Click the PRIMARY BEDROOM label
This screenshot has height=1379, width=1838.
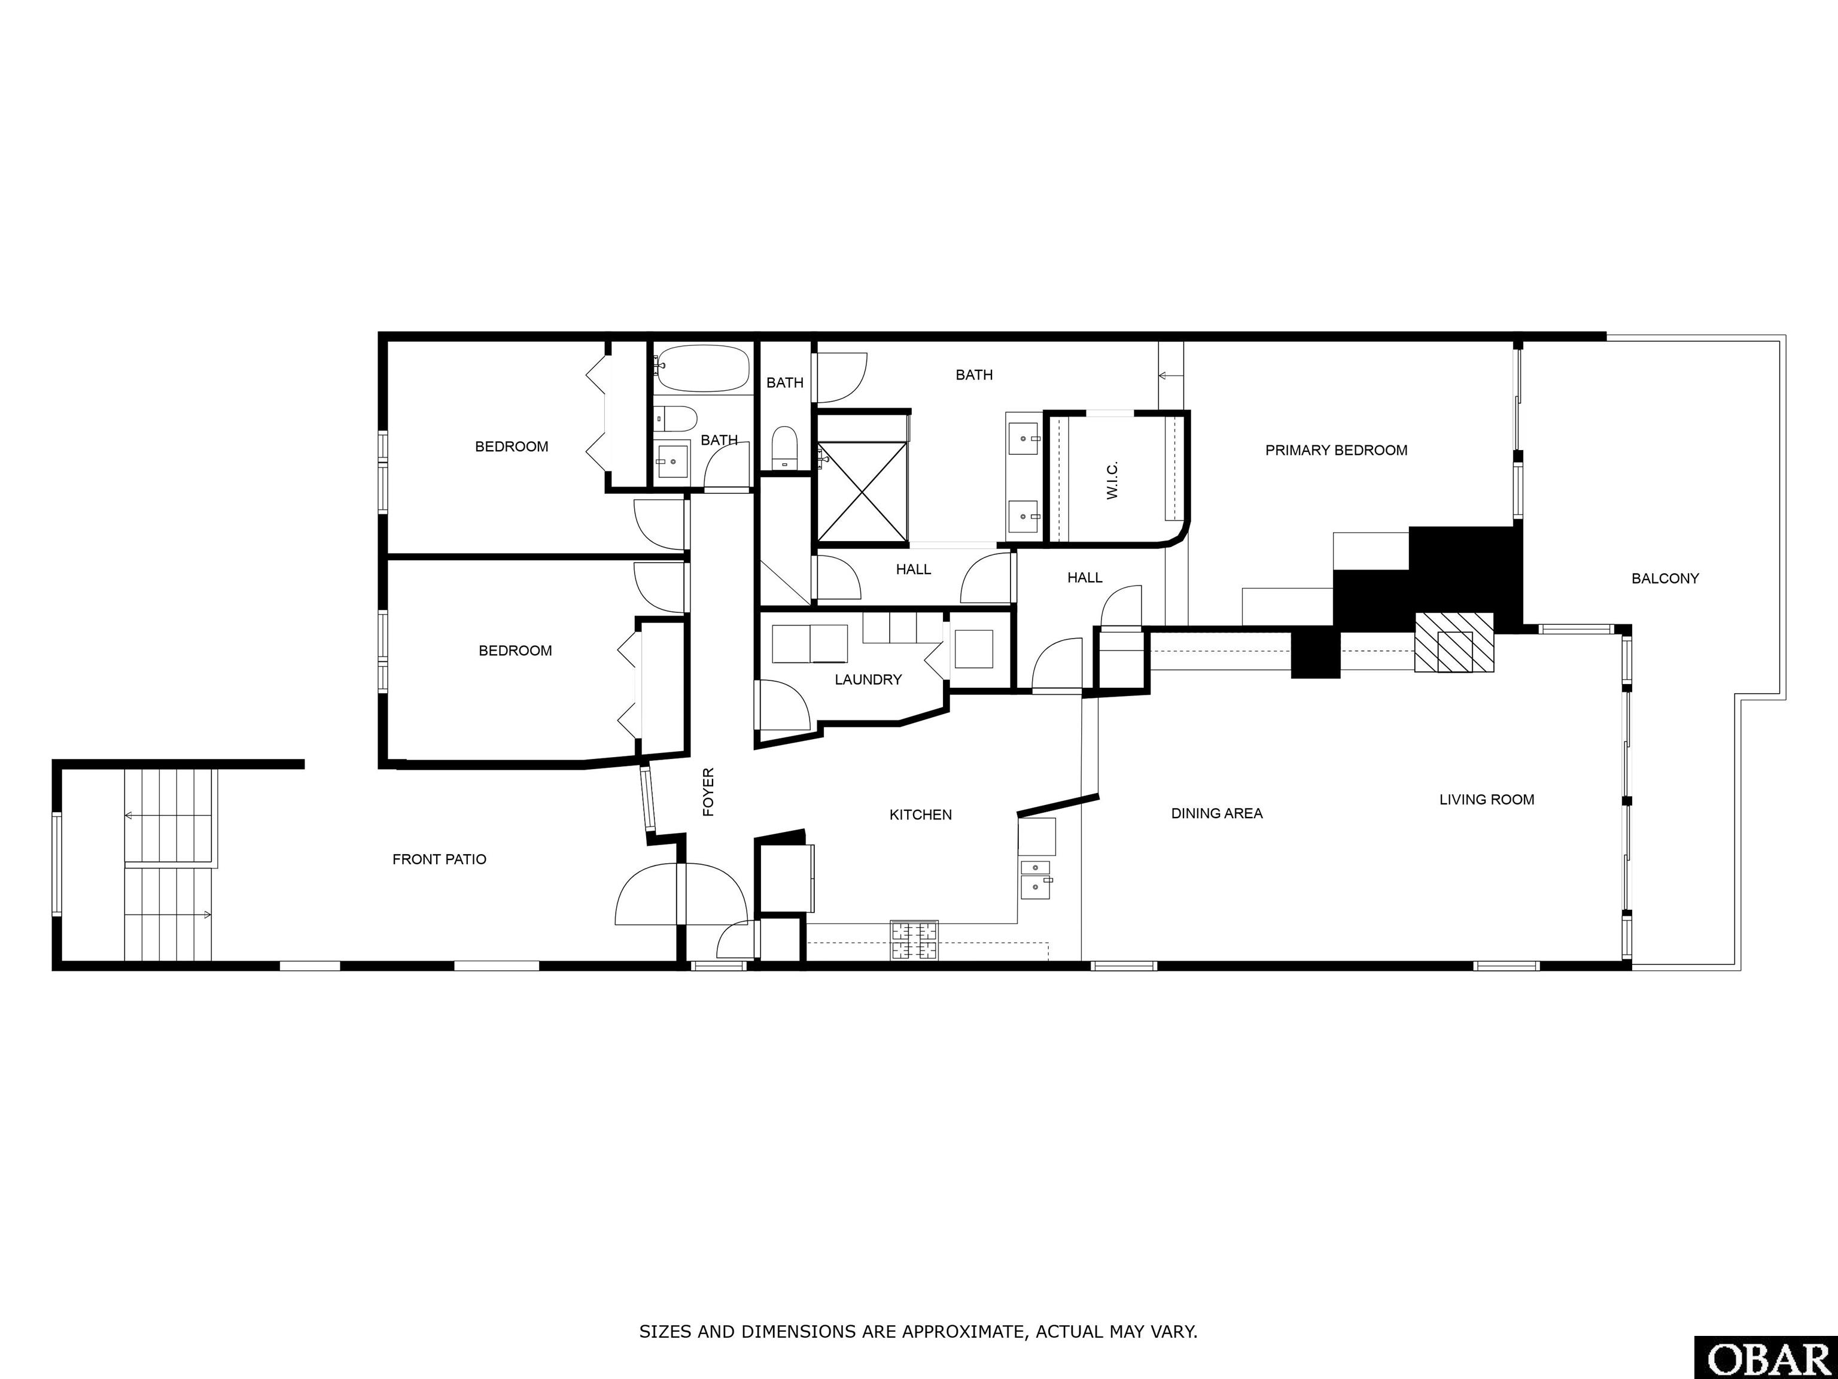click(x=1336, y=451)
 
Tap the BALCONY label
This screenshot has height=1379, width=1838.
click(x=1665, y=579)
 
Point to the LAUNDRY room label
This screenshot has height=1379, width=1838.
click(x=868, y=680)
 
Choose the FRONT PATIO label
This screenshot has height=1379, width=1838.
click(x=440, y=859)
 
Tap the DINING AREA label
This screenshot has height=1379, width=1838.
click(x=1218, y=814)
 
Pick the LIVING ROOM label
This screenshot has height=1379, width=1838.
click(x=1487, y=800)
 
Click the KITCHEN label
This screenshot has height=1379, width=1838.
click(x=921, y=815)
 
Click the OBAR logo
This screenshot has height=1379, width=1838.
click(x=1766, y=1358)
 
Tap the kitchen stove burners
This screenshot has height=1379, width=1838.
click(x=914, y=941)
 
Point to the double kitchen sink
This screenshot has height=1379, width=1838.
click(x=1036, y=879)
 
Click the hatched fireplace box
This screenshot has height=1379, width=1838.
click(x=1454, y=643)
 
